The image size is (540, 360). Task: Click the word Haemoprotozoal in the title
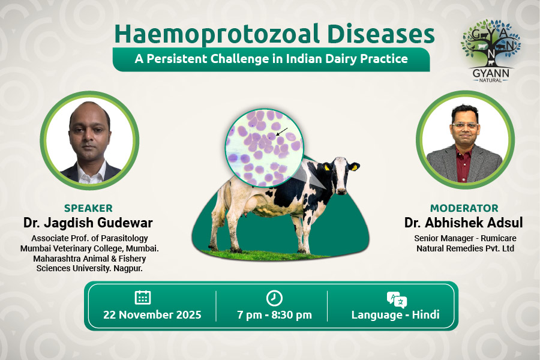click(217, 34)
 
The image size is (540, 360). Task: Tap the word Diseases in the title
click(381, 34)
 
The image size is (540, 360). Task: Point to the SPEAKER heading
click(89, 208)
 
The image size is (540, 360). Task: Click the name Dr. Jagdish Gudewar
click(88, 223)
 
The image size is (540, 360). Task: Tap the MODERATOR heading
click(464, 208)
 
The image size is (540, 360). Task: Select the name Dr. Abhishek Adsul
click(464, 223)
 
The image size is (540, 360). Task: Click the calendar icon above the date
click(143, 298)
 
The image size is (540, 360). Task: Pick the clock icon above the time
click(274, 298)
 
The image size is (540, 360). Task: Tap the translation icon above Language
click(397, 299)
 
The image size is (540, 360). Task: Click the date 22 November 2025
click(152, 315)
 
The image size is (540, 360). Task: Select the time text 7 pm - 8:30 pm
click(274, 315)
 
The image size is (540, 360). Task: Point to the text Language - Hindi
click(395, 315)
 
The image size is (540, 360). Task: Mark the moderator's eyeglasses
click(465, 125)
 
